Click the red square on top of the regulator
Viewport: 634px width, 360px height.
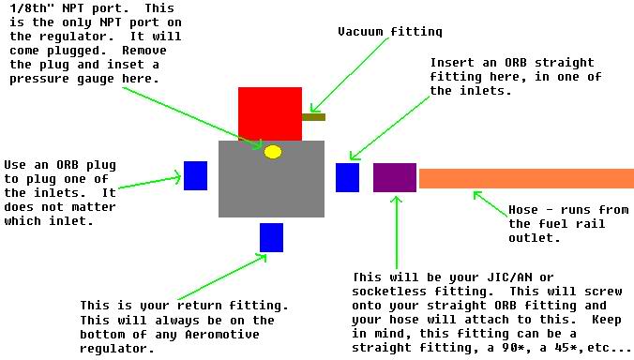[x=270, y=114]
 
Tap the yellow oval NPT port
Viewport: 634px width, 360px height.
[x=273, y=152]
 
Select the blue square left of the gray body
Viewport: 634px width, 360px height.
[x=195, y=175]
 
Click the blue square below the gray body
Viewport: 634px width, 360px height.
[x=271, y=237]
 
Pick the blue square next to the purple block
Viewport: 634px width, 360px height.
[x=347, y=177]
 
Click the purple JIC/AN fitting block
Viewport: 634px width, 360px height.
[x=395, y=177]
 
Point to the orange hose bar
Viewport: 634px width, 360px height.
[x=526, y=178]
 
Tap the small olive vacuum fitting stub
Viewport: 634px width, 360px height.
[x=314, y=117]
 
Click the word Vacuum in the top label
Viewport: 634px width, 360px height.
[x=360, y=32]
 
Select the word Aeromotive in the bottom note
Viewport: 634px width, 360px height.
[x=222, y=335]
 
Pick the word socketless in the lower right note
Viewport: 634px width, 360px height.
[x=389, y=292]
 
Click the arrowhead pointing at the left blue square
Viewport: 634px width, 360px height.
[x=177, y=177]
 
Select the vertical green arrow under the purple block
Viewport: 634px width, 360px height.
[x=397, y=232]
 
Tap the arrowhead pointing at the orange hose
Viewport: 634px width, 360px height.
[x=477, y=195]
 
